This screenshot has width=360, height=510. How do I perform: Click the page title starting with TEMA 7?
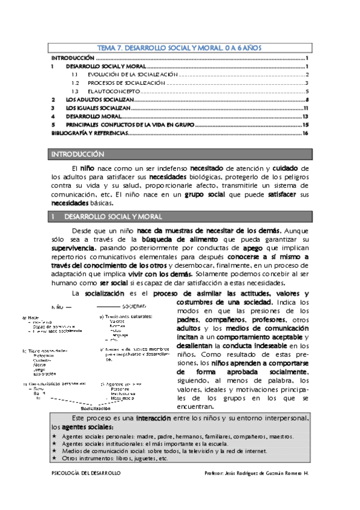pyautogui.click(x=180, y=47)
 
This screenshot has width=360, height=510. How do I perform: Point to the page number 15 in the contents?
pyautogui.click(x=305, y=124)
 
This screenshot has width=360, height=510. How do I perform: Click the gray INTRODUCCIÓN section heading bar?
pyautogui.click(x=180, y=155)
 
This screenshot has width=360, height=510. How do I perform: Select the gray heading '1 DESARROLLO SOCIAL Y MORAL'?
pyautogui.click(x=180, y=216)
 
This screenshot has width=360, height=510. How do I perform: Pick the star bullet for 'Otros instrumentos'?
pyautogui.click(x=54, y=458)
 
